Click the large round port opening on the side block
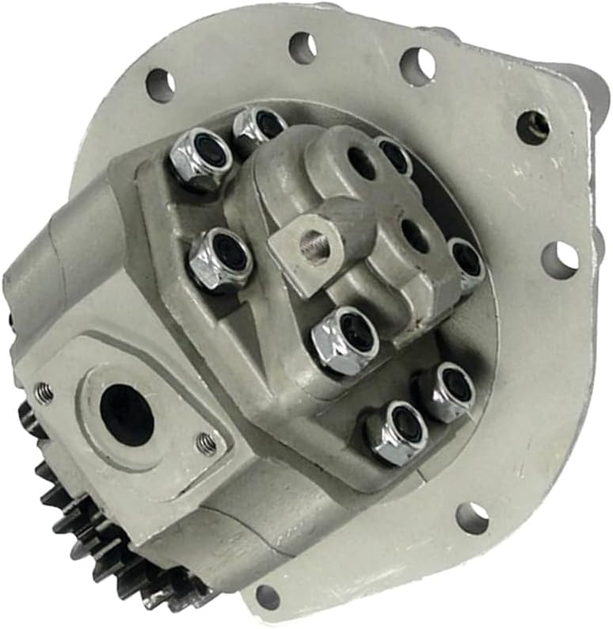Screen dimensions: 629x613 [127, 414]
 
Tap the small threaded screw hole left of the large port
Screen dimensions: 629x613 [44, 391]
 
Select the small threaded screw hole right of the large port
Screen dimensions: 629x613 [207, 444]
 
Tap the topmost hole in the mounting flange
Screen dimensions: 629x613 [302, 48]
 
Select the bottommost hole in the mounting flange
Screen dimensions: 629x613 [267, 597]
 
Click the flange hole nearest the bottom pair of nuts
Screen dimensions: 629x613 [472, 517]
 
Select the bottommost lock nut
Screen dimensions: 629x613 [396, 432]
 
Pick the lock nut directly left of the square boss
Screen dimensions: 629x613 [220, 258]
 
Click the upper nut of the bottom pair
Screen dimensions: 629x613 [447, 391]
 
